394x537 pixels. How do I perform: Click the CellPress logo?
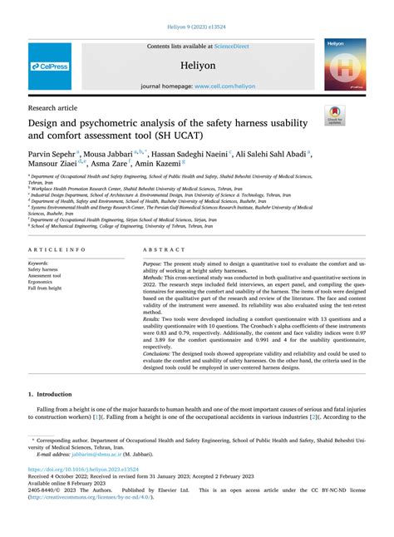(x=50, y=66)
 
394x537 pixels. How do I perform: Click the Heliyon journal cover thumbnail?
(x=345, y=65)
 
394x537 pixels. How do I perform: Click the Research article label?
(x=55, y=108)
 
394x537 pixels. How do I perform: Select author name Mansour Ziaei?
(x=52, y=165)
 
